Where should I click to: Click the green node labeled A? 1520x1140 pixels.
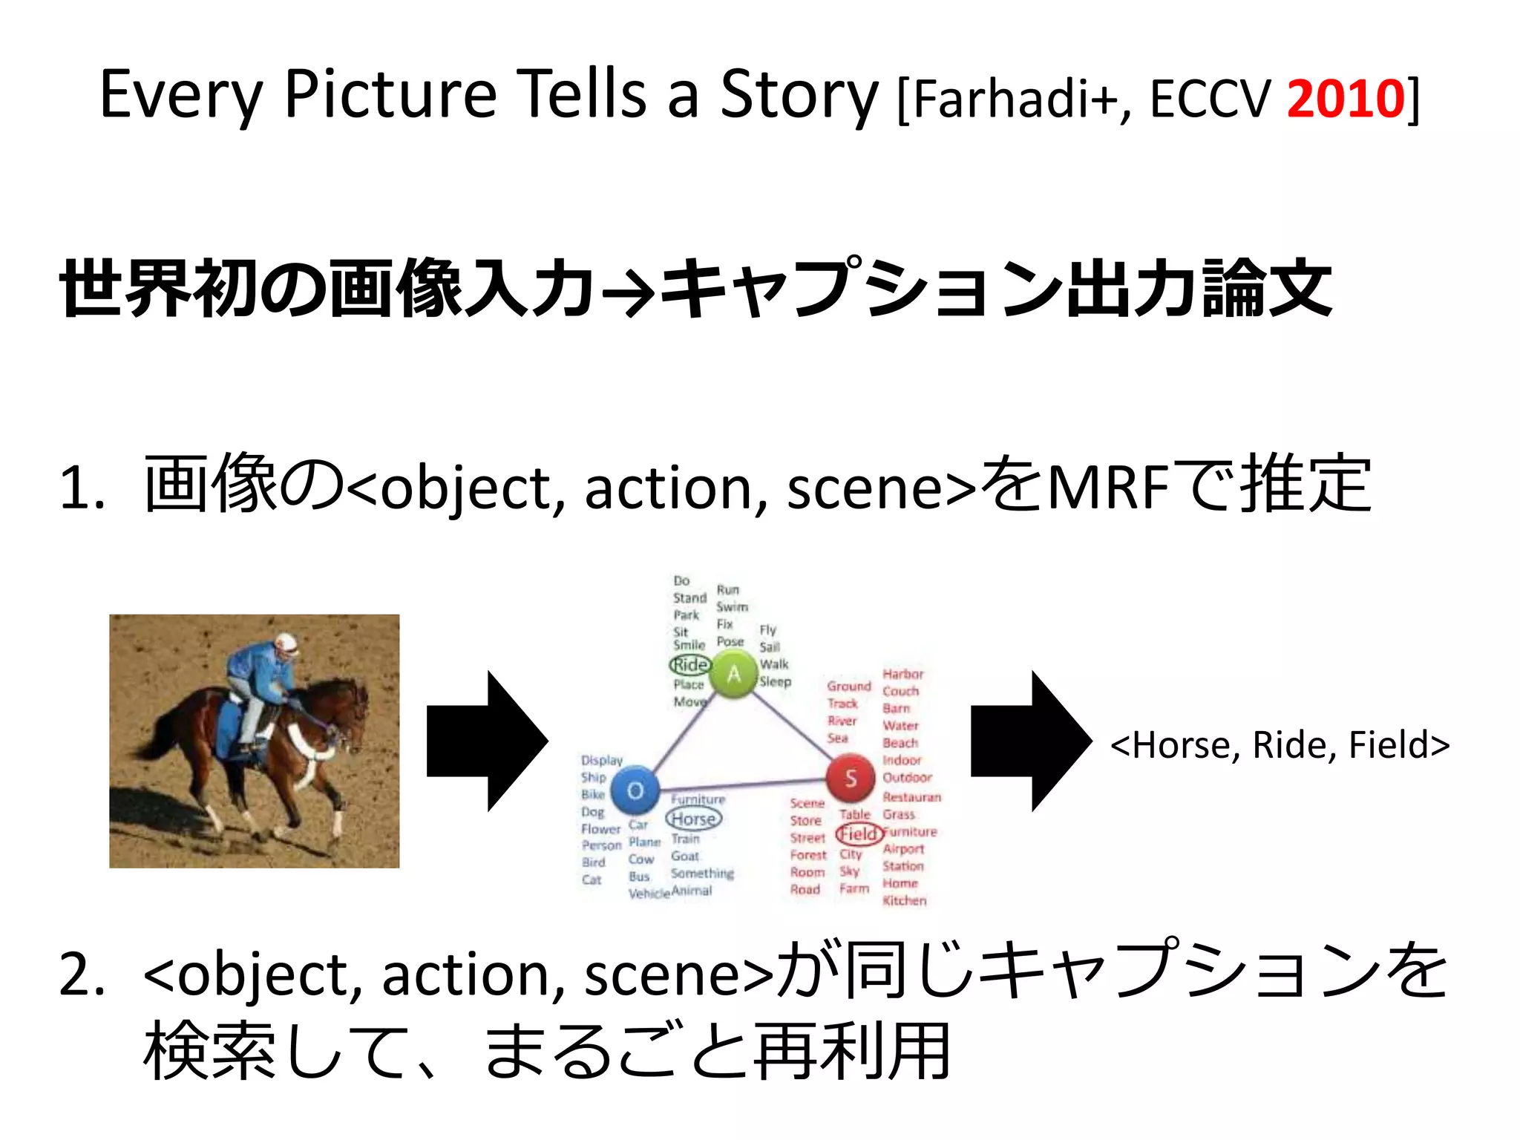point(733,674)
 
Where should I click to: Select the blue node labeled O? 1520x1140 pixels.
point(635,791)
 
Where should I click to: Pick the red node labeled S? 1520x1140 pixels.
point(850,778)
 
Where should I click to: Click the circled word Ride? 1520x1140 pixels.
point(690,664)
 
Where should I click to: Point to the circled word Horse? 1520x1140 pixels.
point(694,819)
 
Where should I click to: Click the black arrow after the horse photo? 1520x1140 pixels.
point(487,741)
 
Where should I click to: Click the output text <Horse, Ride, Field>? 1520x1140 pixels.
point(1280,745)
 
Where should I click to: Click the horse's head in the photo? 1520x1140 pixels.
point(353,705)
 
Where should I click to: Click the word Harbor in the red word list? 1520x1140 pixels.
point(903,674)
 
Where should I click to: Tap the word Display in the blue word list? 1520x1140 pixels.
point(602,760)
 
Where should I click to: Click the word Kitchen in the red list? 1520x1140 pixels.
point(905,900)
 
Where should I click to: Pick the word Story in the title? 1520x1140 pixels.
point(799,95)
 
